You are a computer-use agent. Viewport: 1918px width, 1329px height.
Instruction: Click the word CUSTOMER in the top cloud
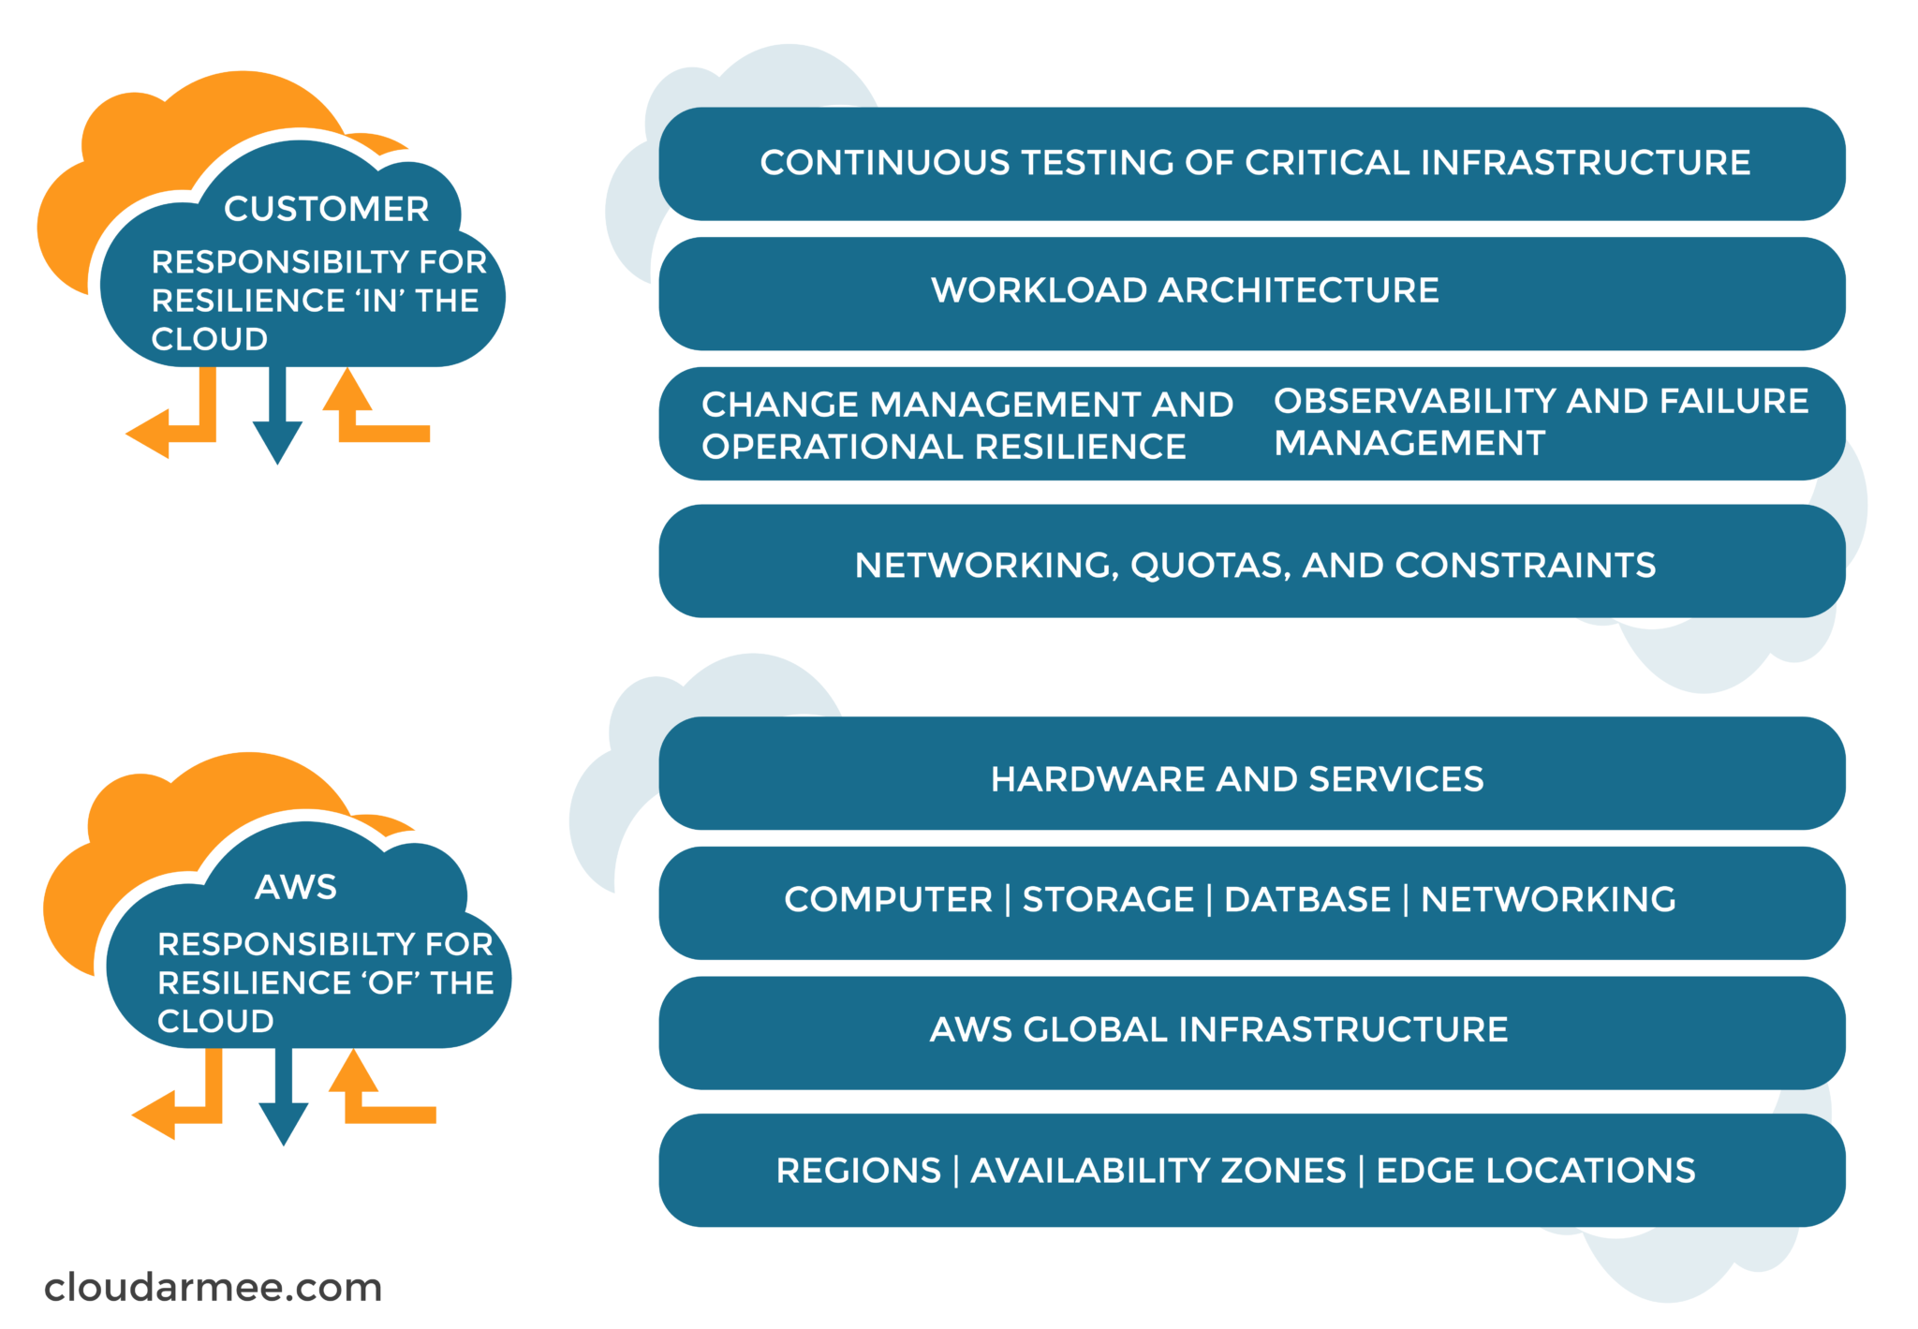tap(326, 208)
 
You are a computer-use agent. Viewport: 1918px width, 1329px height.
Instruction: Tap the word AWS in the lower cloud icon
tap(296, 886)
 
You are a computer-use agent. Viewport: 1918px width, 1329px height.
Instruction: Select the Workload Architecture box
tap(1251, 293)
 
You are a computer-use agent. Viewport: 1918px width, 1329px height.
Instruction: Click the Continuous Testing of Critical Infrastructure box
tap(1251, 164)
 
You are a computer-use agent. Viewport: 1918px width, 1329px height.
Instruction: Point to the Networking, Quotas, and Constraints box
tap(1251, 561)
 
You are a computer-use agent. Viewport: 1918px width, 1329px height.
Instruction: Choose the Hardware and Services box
tap(1251, 774)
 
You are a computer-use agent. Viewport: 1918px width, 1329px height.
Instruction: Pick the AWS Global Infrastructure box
tap(1251, 1033)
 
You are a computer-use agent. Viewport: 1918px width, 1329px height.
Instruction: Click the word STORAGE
tap(1108, 899)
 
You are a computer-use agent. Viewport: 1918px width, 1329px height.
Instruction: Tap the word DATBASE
tap(1307, 899)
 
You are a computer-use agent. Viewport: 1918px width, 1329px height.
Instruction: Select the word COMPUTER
tap(888, 899)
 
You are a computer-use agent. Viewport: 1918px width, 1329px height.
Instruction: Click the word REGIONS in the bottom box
tap(858, 1170)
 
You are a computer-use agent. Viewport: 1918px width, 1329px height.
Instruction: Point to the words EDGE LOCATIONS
tap(1535, 1170)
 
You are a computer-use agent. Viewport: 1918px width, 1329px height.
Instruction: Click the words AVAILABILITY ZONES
tap(1158, 1170)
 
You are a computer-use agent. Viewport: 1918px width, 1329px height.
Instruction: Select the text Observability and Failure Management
tap(1541, 421)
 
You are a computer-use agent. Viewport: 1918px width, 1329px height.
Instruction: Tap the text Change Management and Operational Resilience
tap(967, 425)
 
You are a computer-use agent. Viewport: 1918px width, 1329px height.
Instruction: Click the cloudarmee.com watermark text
tap(214, 1287)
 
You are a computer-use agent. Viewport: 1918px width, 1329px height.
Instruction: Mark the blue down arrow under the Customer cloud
tap(277, 414)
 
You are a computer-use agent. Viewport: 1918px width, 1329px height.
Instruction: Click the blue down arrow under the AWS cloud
tap(284, 1096)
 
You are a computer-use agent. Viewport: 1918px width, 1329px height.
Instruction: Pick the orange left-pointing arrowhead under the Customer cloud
tap(148, 434)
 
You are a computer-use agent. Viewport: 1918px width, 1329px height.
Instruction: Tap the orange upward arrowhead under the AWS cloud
tap(353, 1071)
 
